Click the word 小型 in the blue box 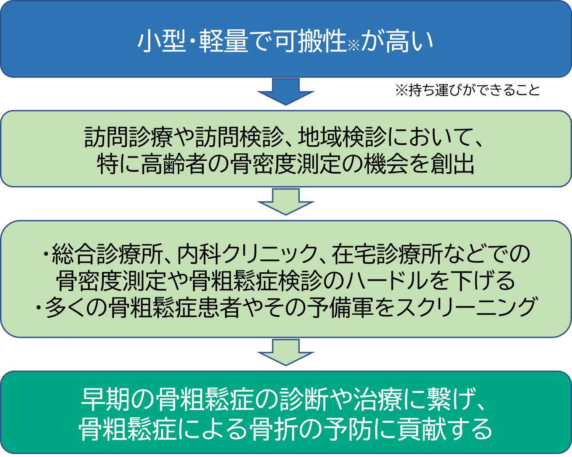[x=161, y=41]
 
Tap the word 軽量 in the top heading [x=224, y=41]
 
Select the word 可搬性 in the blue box [x=310, y=41]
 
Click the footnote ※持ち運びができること [x=468, y=90]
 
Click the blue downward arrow [x=286, y=92]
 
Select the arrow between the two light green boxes [x=286, y=202]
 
